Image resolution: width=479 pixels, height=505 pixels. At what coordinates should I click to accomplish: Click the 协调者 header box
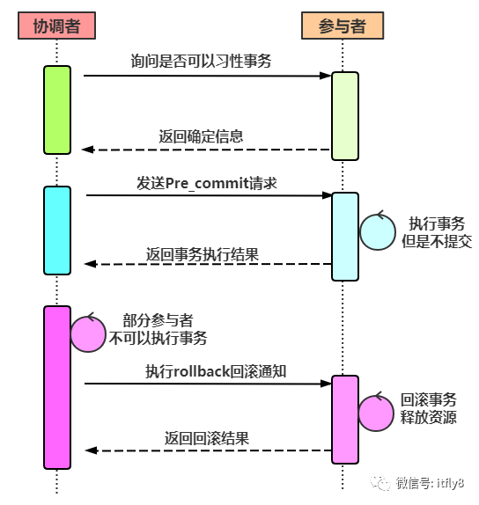tap(55, 26)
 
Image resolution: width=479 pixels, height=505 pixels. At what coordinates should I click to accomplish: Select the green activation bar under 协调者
tap(56, 110)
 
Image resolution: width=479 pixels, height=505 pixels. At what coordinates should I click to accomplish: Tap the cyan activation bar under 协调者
tap(56, 231)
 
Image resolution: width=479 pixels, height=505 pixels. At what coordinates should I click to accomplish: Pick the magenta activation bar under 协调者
tap(56, 387)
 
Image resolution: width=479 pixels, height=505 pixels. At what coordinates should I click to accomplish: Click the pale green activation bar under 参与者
tap(345, 115)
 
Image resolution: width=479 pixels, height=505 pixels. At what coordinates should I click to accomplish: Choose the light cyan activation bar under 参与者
tap(345, 236)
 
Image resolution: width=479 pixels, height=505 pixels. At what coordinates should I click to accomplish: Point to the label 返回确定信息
tap(201, 136)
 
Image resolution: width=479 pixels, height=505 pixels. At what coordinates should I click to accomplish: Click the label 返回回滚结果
tap(207, 438)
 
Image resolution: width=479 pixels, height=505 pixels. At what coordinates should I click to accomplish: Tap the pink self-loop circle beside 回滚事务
tap(376, 412)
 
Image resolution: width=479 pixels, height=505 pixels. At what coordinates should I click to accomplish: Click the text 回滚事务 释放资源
tap(429, 407)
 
